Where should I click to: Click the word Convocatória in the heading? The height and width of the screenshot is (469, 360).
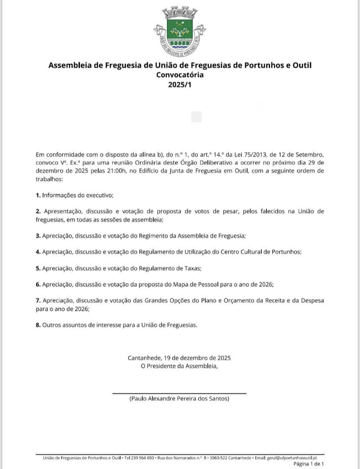tap(180, 75)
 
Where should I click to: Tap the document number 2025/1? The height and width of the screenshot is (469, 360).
tap(180, 85)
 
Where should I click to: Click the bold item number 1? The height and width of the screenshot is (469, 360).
tap(38, 195)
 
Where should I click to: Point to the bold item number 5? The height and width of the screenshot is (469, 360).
tap(38, 269)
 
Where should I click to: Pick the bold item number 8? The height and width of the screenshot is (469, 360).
tap(38, 325)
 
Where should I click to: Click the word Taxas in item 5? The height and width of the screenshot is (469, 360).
tap(192, 269)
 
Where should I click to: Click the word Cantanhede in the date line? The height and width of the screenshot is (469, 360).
tap(144, 358)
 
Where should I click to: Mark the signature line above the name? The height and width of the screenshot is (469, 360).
tap(179, 393)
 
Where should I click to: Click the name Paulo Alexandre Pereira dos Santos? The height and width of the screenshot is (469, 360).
tap(179, 399)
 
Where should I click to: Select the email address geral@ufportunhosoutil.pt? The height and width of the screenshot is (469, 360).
tap(292, 458)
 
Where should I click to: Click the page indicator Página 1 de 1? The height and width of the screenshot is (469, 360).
tap(308, 464)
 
